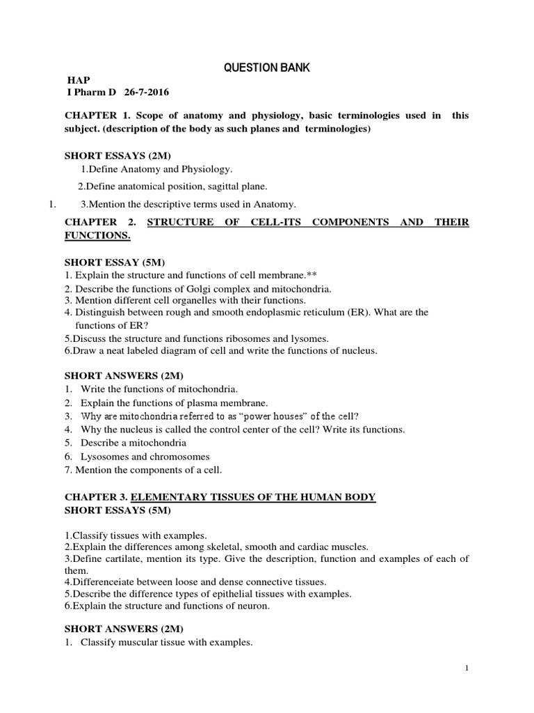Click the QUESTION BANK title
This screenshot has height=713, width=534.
pyautogui.click(x=267, y=68)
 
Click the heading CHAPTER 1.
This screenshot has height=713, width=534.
pyautogui.click(x=92, y=116)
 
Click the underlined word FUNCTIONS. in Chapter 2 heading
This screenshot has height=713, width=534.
pyautogui.click(x=97, y=236)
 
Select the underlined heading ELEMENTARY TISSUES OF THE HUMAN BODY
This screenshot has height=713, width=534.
pyautogui.click(x=253, y=496)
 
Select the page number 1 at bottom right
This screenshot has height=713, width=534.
pyautogui.click(x=467, y=668)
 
